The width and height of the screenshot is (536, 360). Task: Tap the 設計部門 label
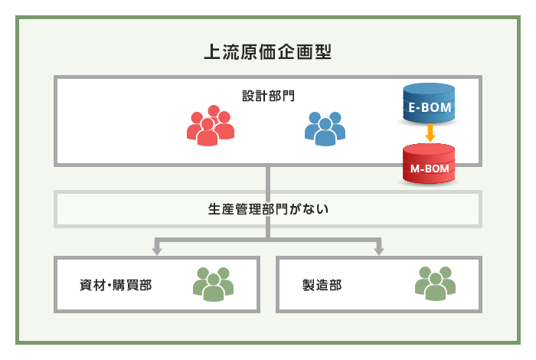pos(268,97)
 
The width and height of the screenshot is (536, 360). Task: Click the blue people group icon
pos(325,128)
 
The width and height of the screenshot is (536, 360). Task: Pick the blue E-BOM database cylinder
pos(430,105)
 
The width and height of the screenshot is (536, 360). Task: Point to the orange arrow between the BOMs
pos(430,135)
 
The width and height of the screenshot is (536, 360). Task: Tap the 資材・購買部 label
pos(116,285)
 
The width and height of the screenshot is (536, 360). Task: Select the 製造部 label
pos(322,285)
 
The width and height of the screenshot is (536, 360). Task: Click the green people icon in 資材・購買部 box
pos(212,283)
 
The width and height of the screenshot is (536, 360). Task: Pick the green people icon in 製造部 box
pos(434,283)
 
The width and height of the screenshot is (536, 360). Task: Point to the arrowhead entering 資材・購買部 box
pos(157,250)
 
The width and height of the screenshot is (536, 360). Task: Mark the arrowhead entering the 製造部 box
pos(379,250)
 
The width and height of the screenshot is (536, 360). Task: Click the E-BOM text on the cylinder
pos(430,108)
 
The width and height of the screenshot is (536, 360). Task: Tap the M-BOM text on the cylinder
pos(429,168)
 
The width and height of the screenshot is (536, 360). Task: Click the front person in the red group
pos(207,133)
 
